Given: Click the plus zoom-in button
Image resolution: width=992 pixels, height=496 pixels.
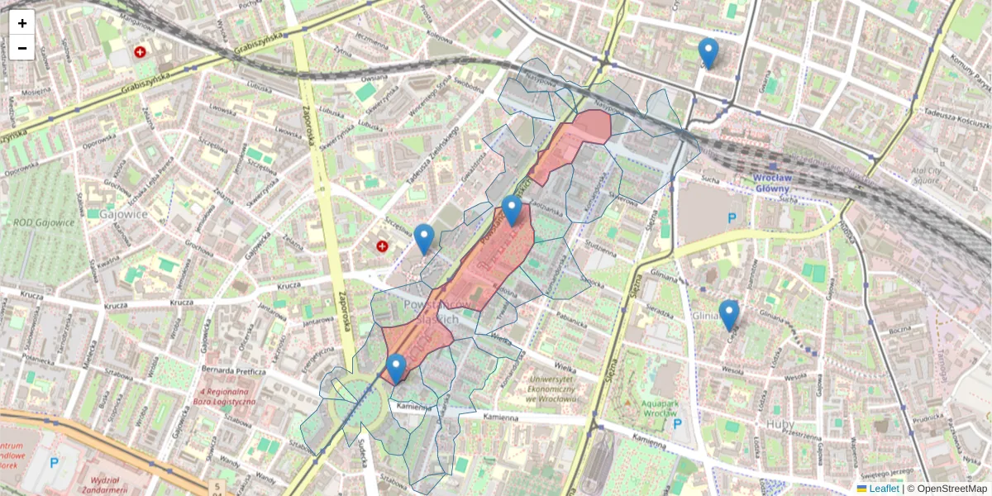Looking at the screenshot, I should pyautogui.click(x=22, y=23).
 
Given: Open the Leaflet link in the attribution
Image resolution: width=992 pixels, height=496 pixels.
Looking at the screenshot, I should pyautogui.click(x=883, y=489).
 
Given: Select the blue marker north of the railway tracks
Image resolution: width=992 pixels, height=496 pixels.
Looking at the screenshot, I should pyautogui.click(x=708, y=53).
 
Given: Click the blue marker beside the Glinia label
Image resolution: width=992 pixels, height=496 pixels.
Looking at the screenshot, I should pyautogui.click(x=728, y=315).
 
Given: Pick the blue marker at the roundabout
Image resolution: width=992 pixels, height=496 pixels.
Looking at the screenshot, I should pyautogui.click(x=396, y=369).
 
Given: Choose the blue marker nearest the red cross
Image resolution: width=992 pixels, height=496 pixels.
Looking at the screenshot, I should pyautogui.click(x=424, y=239).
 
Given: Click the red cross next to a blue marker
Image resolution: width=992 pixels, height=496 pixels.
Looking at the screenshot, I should pyautogui.click(x=382, y=246).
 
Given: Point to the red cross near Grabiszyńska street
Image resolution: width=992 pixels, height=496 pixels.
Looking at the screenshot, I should pyautogui.click(x=140, y=52).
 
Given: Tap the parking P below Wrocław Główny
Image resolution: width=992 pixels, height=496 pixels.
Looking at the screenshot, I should pyautogui.click(x=732, y=219).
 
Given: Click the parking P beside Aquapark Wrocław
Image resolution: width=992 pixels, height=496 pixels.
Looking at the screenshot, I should pyautogui.click(x=678, y=424).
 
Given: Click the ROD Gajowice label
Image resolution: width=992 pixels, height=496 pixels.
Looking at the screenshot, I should pyautogui.click(x=44, y=222).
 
